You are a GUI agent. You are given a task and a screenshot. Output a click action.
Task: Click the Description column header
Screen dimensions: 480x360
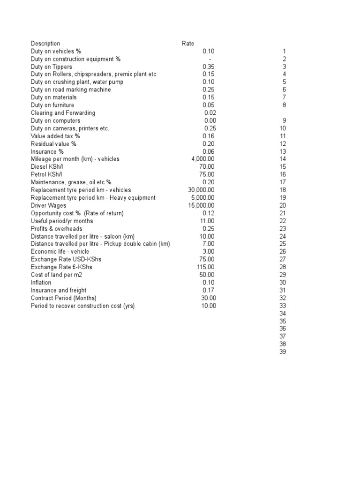(45, 44)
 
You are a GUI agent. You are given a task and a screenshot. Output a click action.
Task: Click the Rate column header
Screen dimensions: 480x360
(188, 44)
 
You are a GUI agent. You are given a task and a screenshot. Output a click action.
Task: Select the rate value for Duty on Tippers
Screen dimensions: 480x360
(209, 67)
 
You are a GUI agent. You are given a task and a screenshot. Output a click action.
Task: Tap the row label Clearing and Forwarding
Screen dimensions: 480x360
(63, 113)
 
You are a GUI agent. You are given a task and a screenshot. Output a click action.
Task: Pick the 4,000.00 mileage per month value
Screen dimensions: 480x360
(203, 159)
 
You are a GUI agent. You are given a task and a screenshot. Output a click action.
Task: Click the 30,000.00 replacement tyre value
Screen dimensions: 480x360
(201, 190)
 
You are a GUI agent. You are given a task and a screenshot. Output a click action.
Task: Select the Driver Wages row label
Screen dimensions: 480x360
(48, 205)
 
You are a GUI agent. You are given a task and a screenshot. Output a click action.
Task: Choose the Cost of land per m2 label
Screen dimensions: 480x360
(56, 275)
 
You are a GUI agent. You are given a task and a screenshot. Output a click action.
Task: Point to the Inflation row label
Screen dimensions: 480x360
(41, 282)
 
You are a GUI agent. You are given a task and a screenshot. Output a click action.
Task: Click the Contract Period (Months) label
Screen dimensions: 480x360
(63, 298)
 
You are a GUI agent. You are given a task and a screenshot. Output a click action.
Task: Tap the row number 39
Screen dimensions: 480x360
(282, 352)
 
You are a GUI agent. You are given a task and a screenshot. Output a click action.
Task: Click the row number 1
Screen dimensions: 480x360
(284, 51)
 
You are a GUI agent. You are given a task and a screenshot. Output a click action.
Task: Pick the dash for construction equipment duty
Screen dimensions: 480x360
(210, 59)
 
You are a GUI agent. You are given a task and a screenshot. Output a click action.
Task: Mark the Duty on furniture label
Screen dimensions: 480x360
(52, 105)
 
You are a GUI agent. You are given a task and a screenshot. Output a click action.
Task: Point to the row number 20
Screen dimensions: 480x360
(282, 205)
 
